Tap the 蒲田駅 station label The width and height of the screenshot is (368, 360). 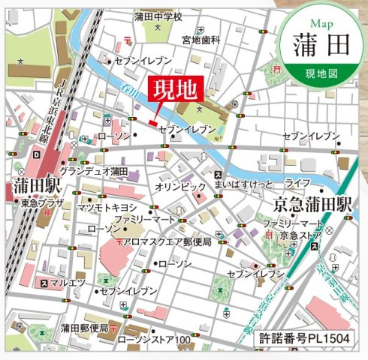[x=31, y=186]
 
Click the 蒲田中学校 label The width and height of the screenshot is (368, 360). [x=159, y=16]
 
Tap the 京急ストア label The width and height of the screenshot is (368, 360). [x=300, y=236]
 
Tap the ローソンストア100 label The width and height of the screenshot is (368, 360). [x=154, y=339]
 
